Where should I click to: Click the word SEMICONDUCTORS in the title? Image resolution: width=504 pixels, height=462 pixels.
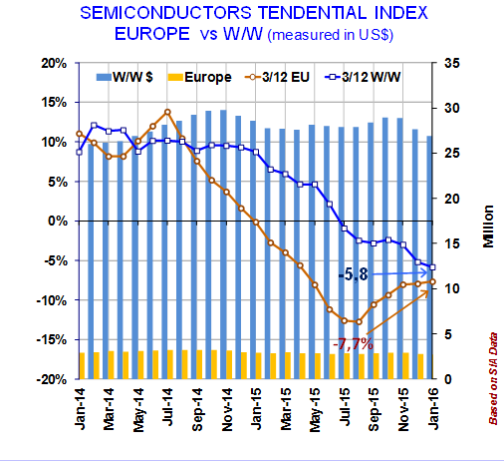pos(165,13)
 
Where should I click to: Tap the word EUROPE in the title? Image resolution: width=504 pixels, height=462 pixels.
pos(152,34)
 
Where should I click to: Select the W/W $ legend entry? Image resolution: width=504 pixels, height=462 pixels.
pos(125,77)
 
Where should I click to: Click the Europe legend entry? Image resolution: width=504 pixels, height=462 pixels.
pos(199,78)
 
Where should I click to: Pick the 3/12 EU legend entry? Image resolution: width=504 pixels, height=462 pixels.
pos(277,77)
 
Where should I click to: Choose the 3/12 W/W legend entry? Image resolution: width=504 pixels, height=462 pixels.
pos(363,77)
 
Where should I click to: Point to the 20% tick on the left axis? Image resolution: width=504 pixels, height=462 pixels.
pos(54,63)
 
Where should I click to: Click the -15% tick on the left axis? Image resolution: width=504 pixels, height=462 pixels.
pos(52,340)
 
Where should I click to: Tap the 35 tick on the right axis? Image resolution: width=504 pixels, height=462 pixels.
pos(452,63)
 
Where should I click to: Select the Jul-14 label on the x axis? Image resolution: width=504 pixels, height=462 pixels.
pos(168,406)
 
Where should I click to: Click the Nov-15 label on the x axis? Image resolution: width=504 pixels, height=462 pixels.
pos(403,409)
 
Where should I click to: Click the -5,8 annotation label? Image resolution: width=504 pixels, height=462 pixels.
pos(353,274)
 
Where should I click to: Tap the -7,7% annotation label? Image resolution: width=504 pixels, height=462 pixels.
pos(353,344)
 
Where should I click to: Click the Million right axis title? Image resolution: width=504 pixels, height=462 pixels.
pos(488,227)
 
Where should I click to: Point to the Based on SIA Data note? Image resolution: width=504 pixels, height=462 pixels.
pos(493,378)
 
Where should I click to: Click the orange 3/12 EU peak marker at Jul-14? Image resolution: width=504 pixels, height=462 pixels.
pos(167,112)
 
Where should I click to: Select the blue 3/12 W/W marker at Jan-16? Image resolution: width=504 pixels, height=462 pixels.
pos(432,267)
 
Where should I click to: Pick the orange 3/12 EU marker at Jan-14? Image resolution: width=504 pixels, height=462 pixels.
pos(80,134)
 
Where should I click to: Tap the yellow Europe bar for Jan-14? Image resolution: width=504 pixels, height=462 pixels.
pos(82,365)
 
